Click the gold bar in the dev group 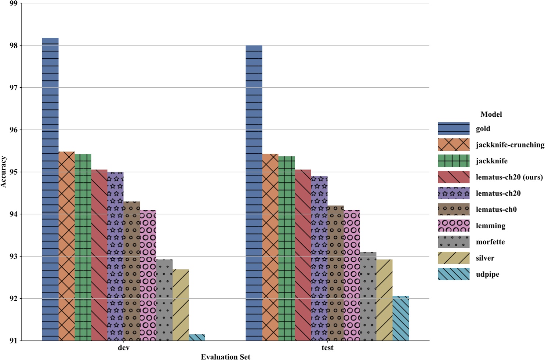click(50, 189)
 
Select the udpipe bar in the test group click(400, 318)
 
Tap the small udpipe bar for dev click(197, 338)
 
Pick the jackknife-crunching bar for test click(270, 247)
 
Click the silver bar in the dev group click(181, 305)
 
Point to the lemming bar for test click(352, 275)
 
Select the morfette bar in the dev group click(164, 300)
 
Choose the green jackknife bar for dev click(83, 247)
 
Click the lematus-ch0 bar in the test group click(335, 273)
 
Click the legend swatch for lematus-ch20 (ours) click(453, 177)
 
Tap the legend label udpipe click(487, 274)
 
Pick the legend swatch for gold click(453, 129)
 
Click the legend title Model click(491, 114)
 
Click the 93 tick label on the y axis click(14, 257)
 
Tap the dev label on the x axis click(123, 348)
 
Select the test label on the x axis click(327, 348)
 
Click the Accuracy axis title click(4, 172)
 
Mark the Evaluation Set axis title click(225, 357)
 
